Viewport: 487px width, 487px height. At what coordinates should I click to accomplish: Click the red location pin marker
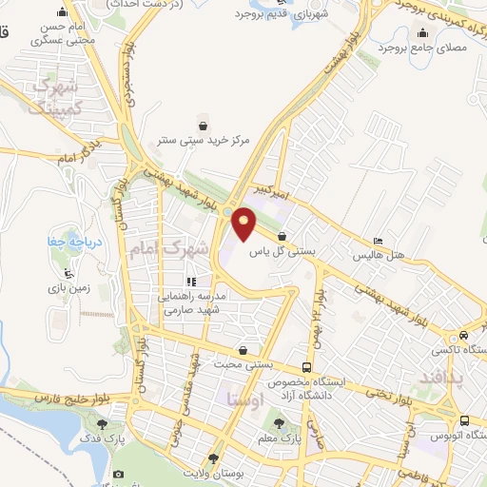[244, 224]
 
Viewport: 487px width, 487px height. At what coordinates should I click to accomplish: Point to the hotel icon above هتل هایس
[379, 241]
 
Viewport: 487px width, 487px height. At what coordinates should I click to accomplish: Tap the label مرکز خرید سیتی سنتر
[204, 140]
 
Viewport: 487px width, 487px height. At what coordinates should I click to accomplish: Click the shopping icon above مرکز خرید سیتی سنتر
[203, 124]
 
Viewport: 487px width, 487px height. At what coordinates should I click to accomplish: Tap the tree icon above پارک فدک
[102, 423]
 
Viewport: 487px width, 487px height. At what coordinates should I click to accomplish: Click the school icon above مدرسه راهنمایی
[190, 282]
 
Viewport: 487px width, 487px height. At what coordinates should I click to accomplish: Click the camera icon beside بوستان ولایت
[118, 474]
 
